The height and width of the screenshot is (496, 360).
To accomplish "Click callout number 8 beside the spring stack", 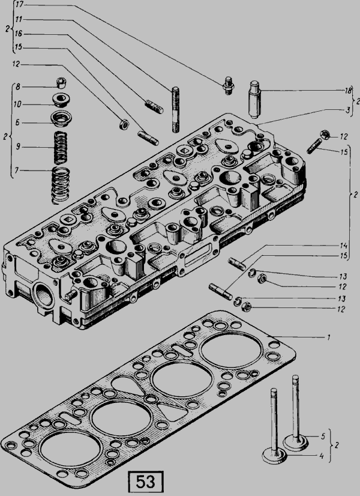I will pyautogui.click(x=19, y=86).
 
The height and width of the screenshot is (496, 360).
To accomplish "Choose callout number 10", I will pyautogui.click(x=19, y=104).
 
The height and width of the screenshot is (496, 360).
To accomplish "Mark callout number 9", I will pyautogui.click(x=19, y=145).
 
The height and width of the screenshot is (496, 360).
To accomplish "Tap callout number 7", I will pyautogui.click(x=19, y=171).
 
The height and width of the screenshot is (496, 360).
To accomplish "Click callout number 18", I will pyautogui.click(x=347, y=90).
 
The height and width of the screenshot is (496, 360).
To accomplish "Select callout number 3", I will pyautogui.click(x=347, y=110).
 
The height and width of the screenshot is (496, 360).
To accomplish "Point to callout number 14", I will pyautogui.click(x=344, y=246).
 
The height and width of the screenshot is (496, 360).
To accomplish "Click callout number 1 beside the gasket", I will pyautogui.click(x=329, y=337).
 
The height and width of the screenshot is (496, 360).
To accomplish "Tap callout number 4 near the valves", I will pyautogui.click(x=322, y=456).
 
